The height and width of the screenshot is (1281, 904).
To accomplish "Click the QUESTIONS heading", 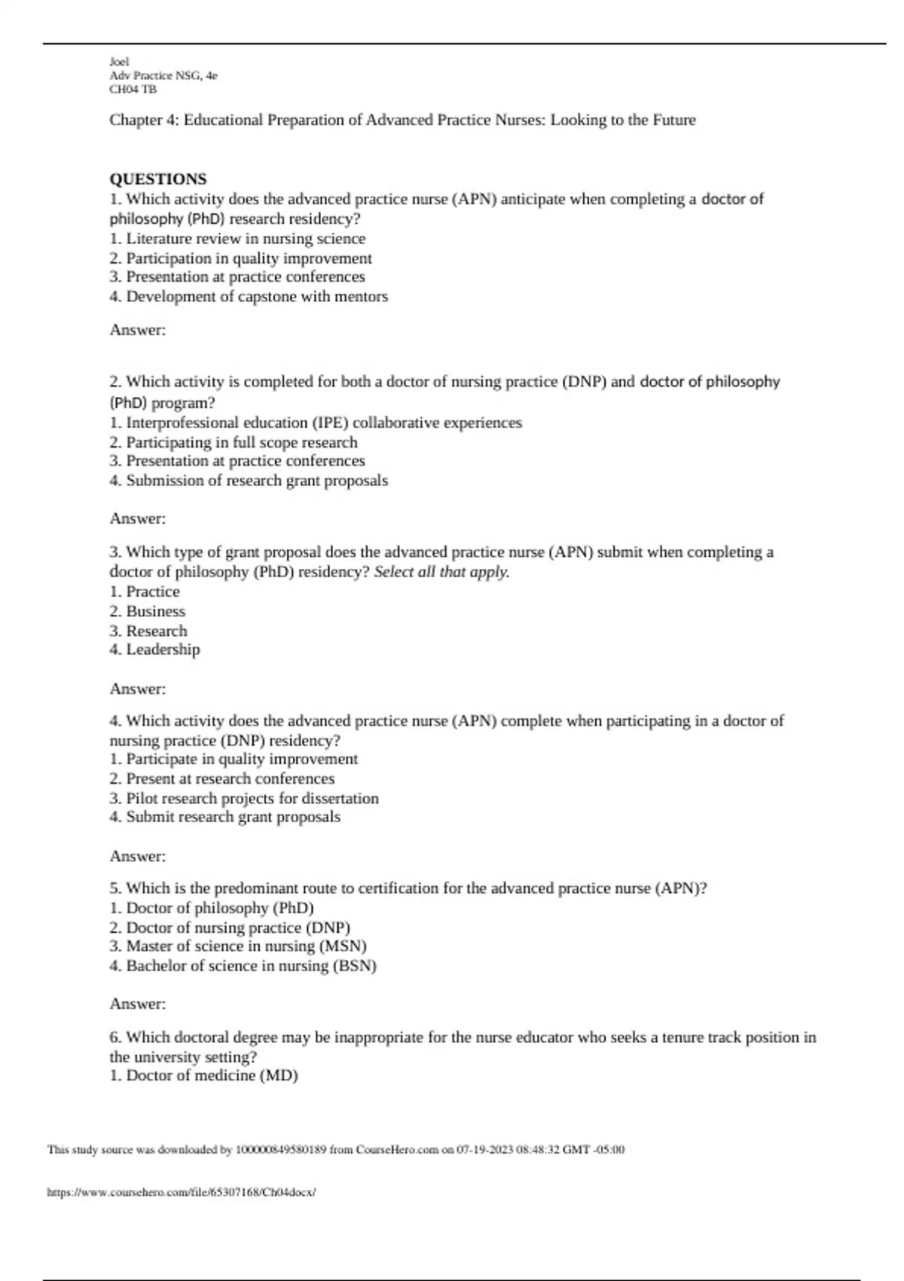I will (x=157, y=179).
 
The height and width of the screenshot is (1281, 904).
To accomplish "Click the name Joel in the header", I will (x=119, y=62).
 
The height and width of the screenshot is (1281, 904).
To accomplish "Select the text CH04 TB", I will (x=133, y=89).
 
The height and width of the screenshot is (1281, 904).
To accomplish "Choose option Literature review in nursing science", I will (x=237, y=239).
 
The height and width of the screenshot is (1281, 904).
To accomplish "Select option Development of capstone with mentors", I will (x=249, y=297).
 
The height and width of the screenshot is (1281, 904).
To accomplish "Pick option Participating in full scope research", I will (x=234, y=442).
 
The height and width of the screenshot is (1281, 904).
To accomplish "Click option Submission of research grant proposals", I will (x=249, y=481).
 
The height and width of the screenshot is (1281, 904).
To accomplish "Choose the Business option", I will (x=148, y=611).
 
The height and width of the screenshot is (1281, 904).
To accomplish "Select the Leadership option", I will (x=154, y=650).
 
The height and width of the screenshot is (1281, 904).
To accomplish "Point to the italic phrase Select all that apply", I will (x=441, y=572).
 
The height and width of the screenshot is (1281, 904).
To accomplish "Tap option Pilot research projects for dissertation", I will (x=244, y=798).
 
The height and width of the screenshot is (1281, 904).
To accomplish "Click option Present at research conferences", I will (x=222, y=778).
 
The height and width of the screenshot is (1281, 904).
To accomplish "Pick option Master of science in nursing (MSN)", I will (x=238, y=946).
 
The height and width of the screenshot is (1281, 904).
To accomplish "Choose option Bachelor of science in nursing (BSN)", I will (x=243, y=965).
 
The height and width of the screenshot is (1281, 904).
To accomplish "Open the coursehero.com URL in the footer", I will (x=182, y=1192).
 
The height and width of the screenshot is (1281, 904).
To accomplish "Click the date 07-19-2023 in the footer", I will (x=484, y=1150).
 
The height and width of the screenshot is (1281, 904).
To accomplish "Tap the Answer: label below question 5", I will (x=138, y=1004).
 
